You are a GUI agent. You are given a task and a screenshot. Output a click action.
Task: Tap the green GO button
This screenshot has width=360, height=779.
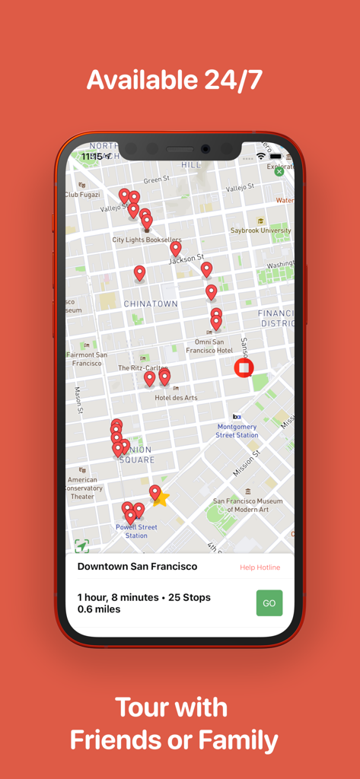pyautogui.click(x=269, y=603)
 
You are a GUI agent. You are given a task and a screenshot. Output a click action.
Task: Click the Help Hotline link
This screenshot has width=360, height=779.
pyautogui.click(x=260, y=568)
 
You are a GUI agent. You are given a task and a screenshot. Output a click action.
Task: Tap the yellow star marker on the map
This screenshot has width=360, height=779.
pyautogui.click(x=161, y=498)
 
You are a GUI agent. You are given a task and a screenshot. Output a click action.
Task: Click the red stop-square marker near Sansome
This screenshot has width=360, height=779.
pyautogui.click(x=244, y=369)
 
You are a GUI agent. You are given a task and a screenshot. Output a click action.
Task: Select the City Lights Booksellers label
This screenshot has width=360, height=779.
pyautogui.click(x=147, y=240)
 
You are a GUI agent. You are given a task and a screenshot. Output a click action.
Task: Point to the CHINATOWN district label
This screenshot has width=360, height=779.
pyautogui.click(x=151, y=304)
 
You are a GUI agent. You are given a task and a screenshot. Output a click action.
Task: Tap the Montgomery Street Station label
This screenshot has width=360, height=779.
pyautogui.click(x=237, y=431)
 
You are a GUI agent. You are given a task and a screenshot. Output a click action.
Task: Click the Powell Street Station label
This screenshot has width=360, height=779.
pyautogui.click(x=136, y=531)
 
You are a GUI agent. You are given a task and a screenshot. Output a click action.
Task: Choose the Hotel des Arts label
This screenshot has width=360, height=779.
pyautogui.click(x=176, y=398)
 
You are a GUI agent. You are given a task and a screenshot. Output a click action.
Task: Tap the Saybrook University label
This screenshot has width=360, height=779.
pyautogui.click(x=261, y=231)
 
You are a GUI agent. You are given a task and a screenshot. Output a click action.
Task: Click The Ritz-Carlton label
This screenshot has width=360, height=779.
pyautogui.click(x=143, y=367)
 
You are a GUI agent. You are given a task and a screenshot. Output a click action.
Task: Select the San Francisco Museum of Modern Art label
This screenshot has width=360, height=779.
pyautogui.click(x=247, y=505)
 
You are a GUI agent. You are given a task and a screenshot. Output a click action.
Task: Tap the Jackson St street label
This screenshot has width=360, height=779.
pyautogui.click(x=186, y=259)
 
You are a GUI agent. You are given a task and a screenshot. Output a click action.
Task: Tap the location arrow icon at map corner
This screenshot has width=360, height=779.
pyautogui.click(x=81, y=545)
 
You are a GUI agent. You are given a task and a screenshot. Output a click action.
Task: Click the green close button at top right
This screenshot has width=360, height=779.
pyautogui.click(x=279, y=172)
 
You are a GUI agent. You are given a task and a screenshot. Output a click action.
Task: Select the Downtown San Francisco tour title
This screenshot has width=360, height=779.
pyautogui.click(x=137, y=567)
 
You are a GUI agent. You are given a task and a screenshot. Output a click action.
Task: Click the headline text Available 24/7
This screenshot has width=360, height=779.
pyautogui.click(x=174, y=80)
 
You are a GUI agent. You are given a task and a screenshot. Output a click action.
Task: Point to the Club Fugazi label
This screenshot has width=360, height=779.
pyautogui.click(x=81, y=195)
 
